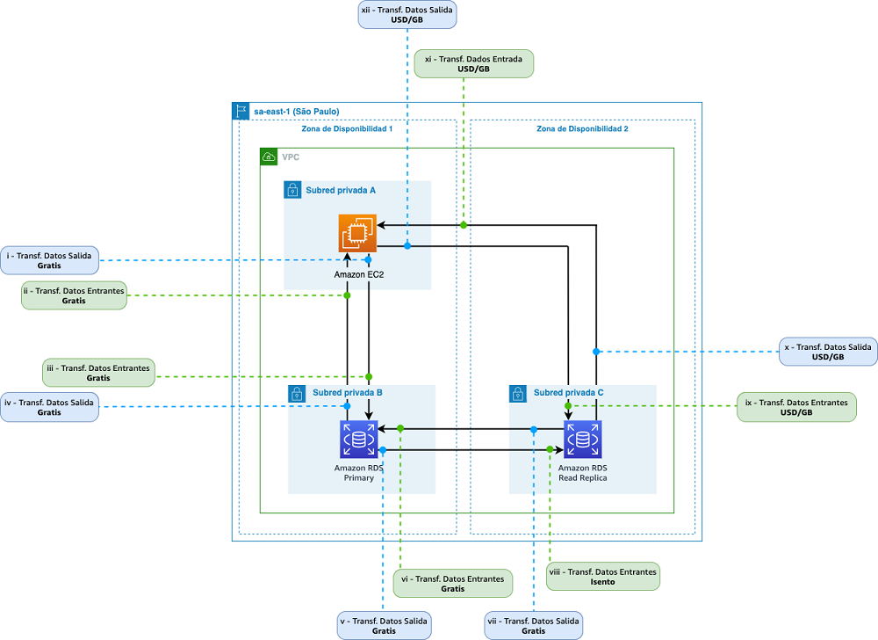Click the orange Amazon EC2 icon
click(358, 233)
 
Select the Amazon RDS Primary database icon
click(359, 440)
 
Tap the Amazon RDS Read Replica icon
click(583, 440)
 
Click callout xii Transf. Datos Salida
click(407, 15)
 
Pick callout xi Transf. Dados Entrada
click(474, 64)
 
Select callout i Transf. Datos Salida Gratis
click(49, 260)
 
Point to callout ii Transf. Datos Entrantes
click(74, 295)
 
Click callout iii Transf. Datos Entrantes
click(98, 373)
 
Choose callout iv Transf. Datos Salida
click(49, 407)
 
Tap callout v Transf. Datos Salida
click(385, 625)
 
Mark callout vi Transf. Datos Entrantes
click(453, 584)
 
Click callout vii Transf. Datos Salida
click(534, 625)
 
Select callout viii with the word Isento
click(603, 577)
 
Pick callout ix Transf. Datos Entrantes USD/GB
click(796, 407)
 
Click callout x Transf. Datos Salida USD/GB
click(828, 352)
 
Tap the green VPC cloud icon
click(269, 156)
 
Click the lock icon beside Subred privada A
click(292, 190)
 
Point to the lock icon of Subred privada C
click(518, 394)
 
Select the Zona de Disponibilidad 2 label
click(582, 129)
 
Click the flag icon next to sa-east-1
click(241, 111)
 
